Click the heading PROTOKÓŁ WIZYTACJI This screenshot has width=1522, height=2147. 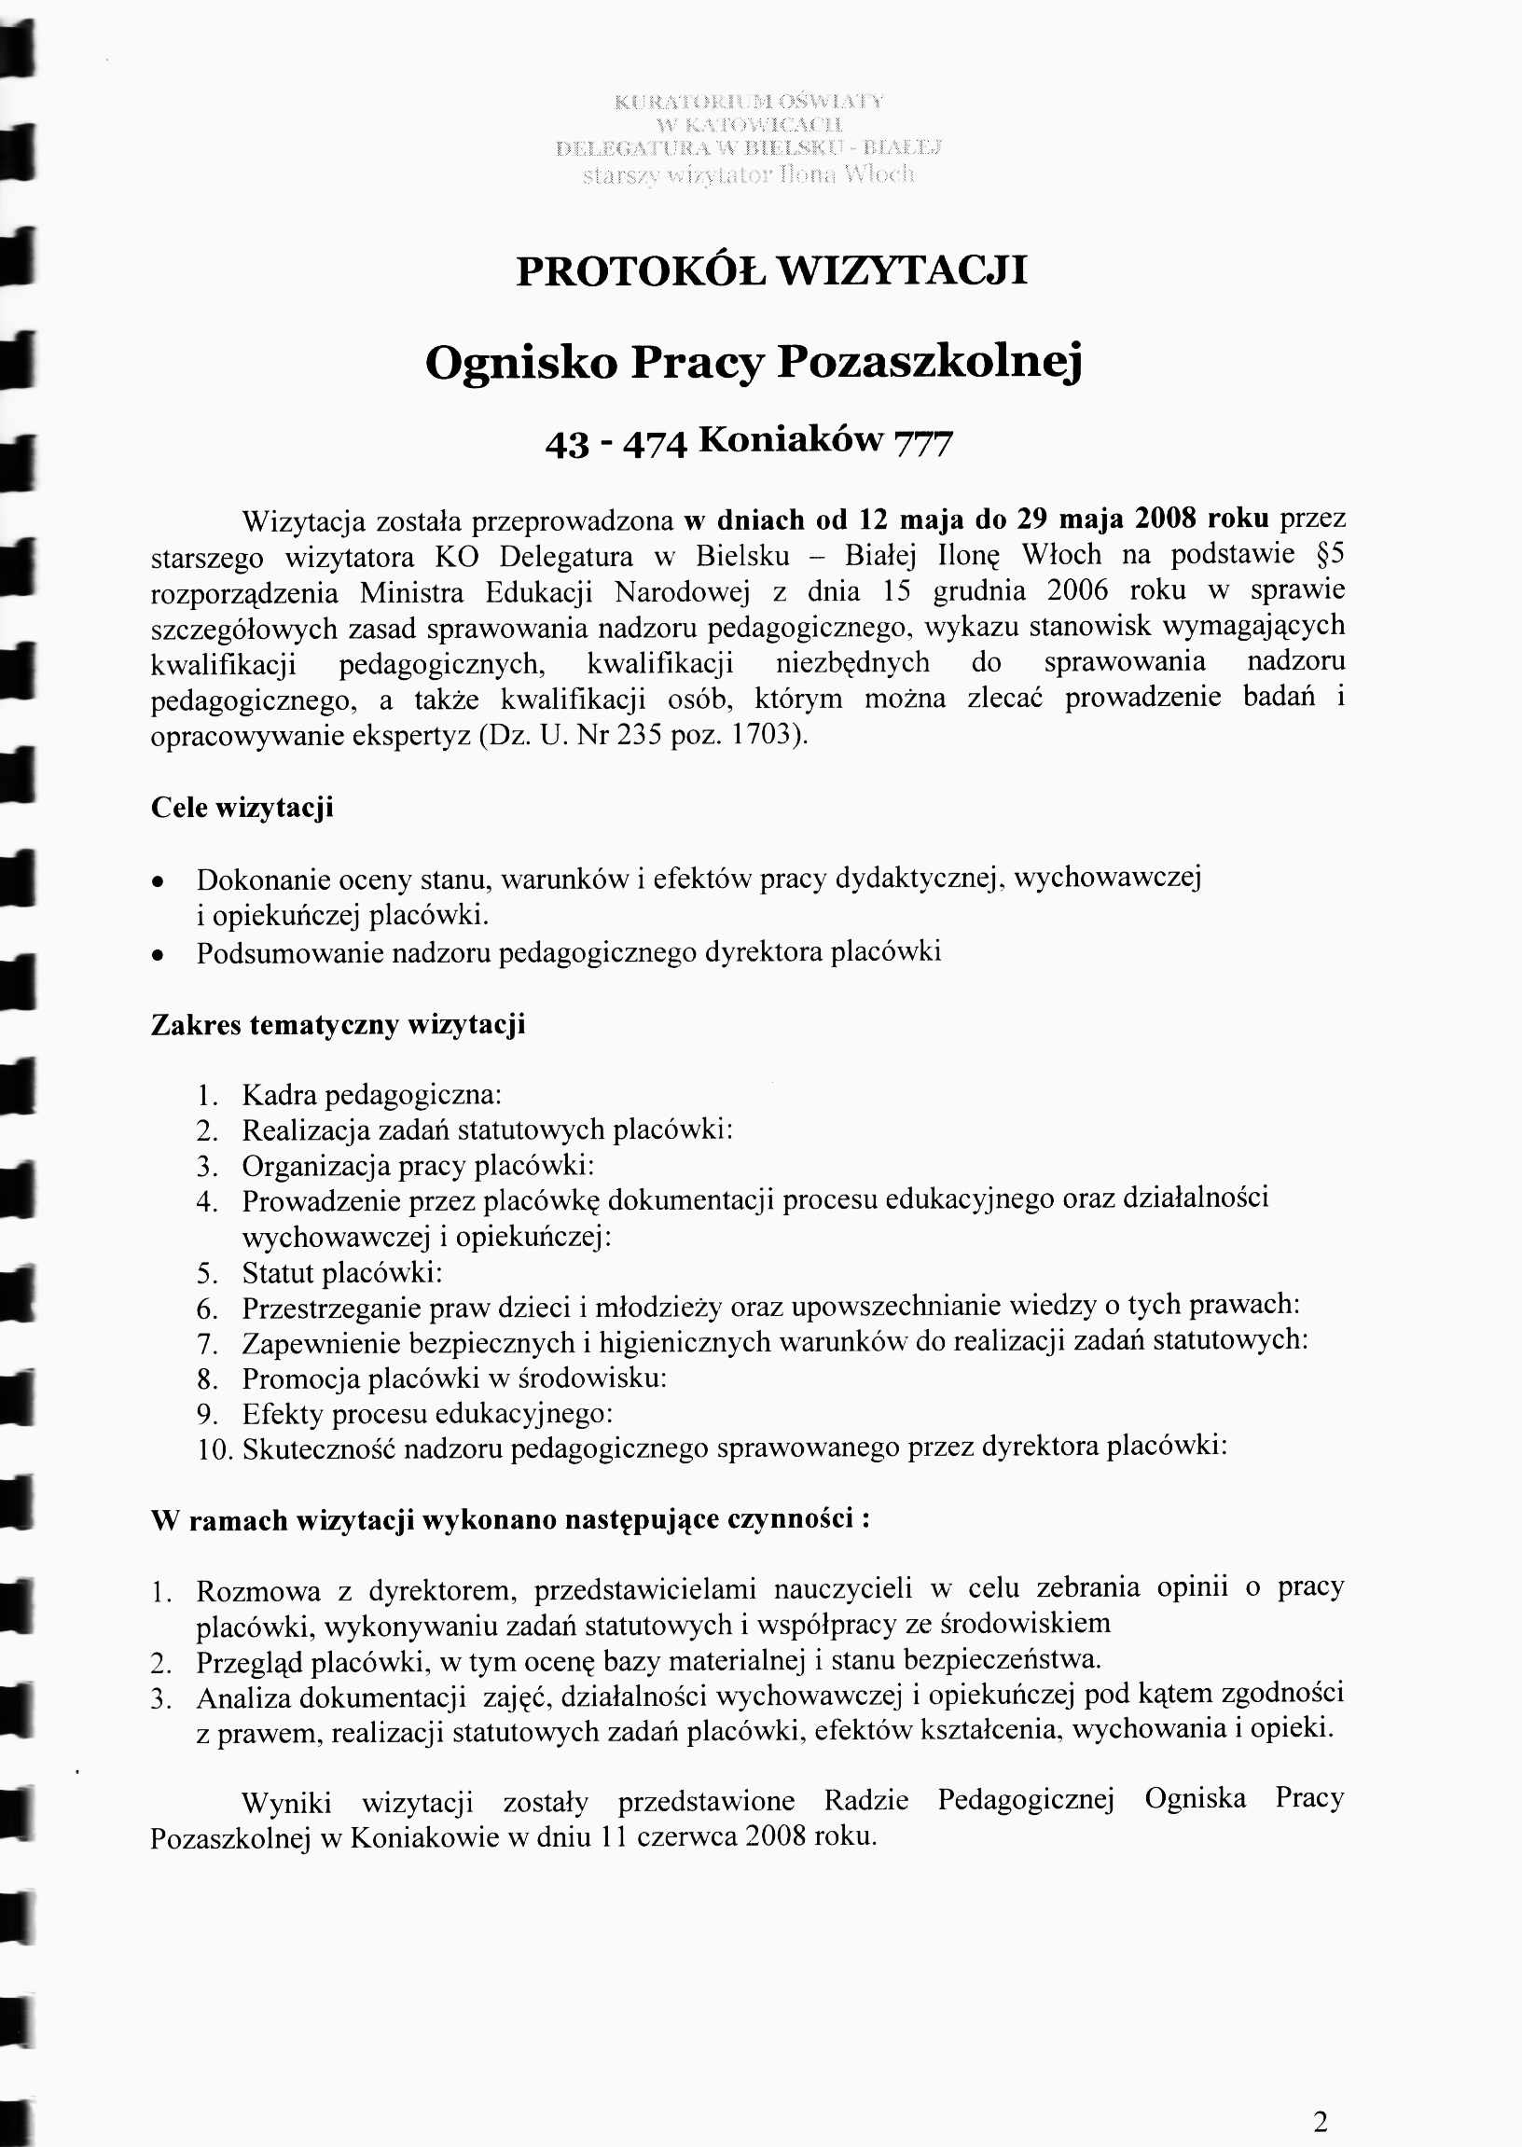(771, 270)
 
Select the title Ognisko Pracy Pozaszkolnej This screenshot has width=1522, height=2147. (754, 363)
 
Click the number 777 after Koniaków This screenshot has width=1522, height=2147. (923, 442)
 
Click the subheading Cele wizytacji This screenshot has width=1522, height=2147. (242, 808)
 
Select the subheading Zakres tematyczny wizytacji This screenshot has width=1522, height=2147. (338, 1024)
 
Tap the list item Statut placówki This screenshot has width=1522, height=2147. (342, 1273)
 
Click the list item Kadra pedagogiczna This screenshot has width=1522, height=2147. (371, 1095)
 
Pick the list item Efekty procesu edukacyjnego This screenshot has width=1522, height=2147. (427, 1414)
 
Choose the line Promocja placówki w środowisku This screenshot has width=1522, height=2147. (454, 1378)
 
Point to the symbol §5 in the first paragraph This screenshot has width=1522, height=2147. (1329, 555)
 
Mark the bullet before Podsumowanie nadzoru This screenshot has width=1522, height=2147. (160, 955)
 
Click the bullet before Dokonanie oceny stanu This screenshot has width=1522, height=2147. (160, 882)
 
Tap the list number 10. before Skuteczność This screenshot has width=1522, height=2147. (214, 1450)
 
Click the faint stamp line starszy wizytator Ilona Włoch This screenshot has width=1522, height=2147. (748, 175)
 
